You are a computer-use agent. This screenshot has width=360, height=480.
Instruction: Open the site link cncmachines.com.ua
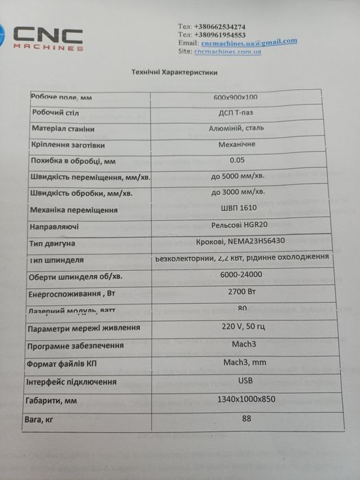[x=228, y=51]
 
